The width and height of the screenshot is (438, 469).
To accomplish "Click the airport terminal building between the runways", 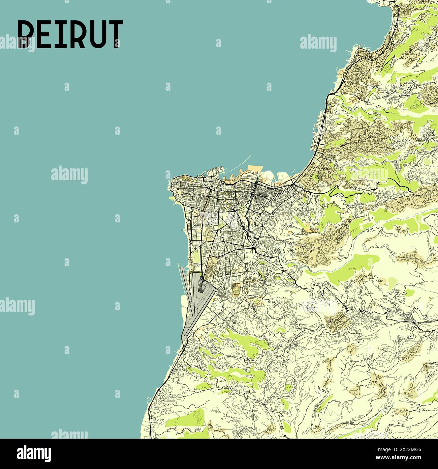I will tap(201, 287).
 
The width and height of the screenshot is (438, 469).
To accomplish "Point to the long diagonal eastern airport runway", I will tap(199, 314).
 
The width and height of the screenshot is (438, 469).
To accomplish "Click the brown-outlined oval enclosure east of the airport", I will tap(237, 289).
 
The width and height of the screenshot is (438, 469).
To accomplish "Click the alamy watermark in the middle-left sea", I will tap(69, 175).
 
